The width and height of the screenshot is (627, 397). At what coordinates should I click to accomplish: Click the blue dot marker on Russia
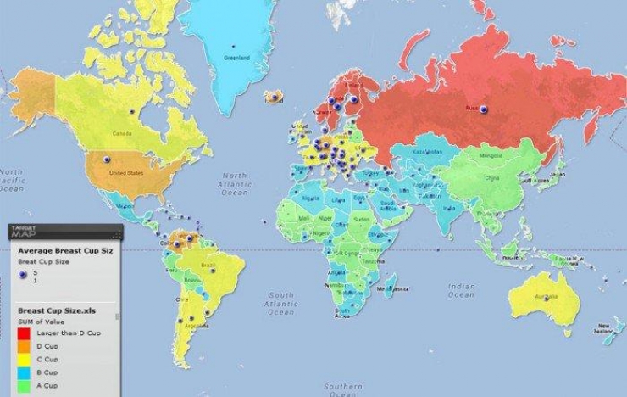(x=483, y=109)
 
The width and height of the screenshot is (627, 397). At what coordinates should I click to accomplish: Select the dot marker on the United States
(x=107, y=159)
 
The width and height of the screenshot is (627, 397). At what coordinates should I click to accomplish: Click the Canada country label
(x=124, y=133)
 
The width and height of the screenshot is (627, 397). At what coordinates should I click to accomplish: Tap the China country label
(x=491, y=180)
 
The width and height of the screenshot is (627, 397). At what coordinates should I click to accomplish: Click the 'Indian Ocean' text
(x=462, y=290)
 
